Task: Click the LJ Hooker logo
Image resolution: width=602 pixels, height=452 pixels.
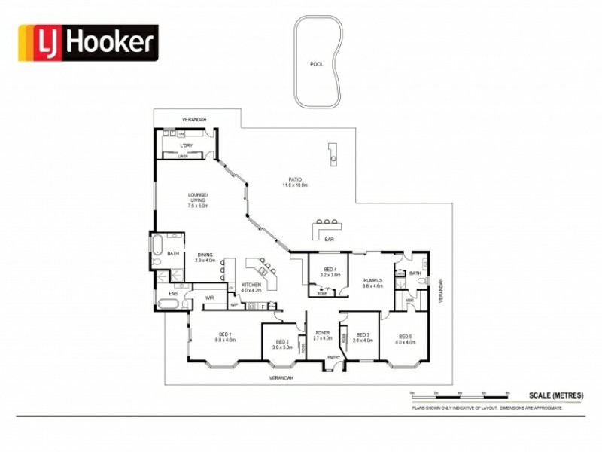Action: click(88, 43)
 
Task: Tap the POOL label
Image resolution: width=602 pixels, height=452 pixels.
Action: click(317, 64)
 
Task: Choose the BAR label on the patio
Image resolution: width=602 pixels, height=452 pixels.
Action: click(329, 239)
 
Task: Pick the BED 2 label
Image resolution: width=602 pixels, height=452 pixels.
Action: click(282, 343)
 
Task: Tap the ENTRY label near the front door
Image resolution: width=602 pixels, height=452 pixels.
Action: click(332, 358)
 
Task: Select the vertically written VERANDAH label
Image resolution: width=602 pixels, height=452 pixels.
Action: click(442, 291)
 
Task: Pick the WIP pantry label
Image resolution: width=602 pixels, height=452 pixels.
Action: click(234, 305)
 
